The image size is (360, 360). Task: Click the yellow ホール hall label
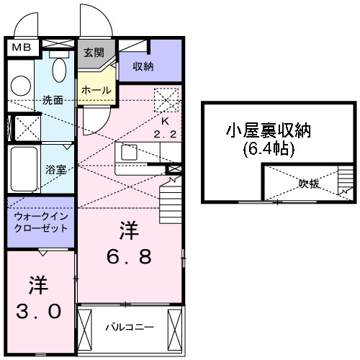click(96, 90)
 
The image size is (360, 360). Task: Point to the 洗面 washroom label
click(52, 100)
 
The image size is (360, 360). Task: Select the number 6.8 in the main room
click(131, 257)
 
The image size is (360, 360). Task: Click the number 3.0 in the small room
click(39, 312)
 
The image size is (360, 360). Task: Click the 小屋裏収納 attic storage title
click(269, 131)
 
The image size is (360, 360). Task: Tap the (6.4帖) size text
click(269, 151)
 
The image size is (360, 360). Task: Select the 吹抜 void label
click(310, 184)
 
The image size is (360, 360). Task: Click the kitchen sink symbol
click(130, 153)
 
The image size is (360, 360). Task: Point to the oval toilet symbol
click(60, 72)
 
